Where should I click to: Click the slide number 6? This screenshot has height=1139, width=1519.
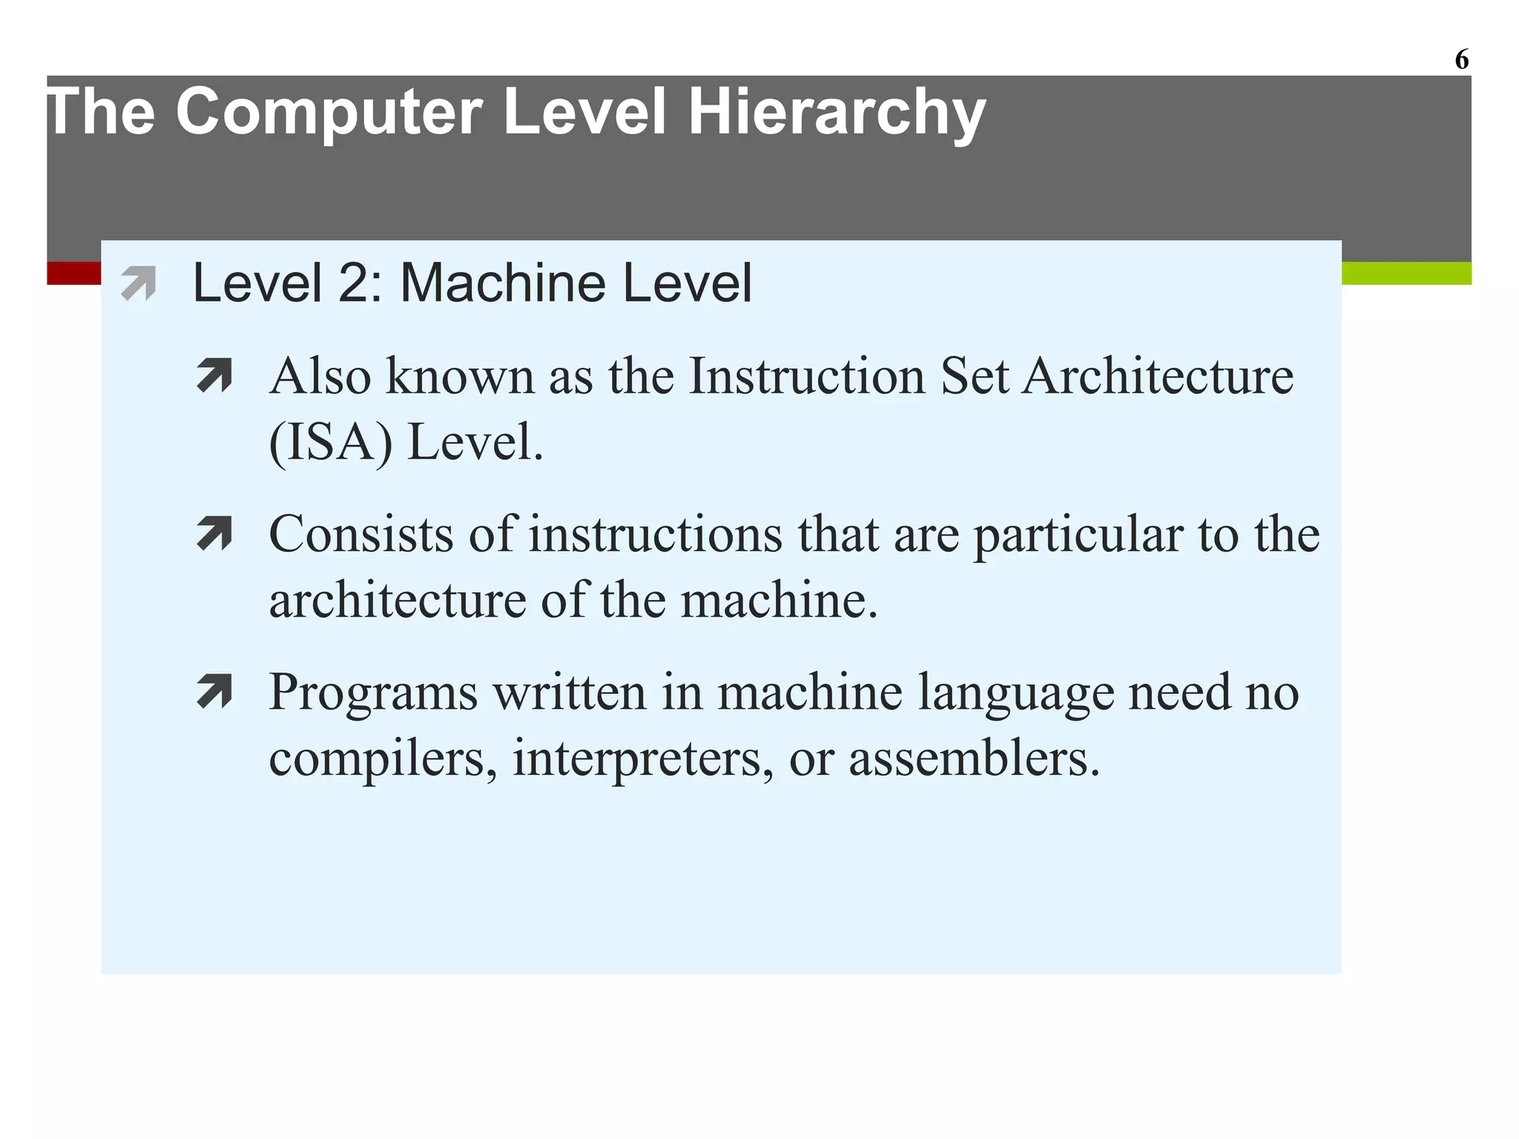tap(1461, 59)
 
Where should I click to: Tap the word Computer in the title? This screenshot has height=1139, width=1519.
tap(329, 113)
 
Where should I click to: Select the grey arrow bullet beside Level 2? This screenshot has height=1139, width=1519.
tap(139, 283)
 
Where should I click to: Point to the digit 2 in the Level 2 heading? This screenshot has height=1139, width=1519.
tap(353, 283)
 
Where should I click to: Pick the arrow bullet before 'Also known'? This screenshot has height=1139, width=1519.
tap(215, 375)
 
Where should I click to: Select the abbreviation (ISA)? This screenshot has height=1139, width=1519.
tap(331, 442)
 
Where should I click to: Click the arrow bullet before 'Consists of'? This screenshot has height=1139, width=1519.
tap(215, 534)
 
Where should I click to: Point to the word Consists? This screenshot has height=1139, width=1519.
tap(360, 534)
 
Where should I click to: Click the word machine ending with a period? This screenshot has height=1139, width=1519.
tap(779, 599)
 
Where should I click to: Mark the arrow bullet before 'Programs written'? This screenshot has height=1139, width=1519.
tap(215, 691)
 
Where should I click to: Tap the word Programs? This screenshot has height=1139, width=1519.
tap(373, 693)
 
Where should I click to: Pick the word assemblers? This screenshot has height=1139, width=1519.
tap(974, 758)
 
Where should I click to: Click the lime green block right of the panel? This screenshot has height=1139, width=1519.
tap(1406, 273)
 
